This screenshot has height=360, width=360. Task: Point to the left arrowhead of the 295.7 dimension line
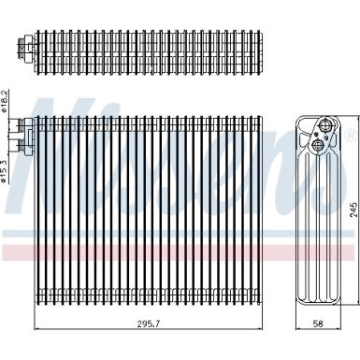pos(36,329)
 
